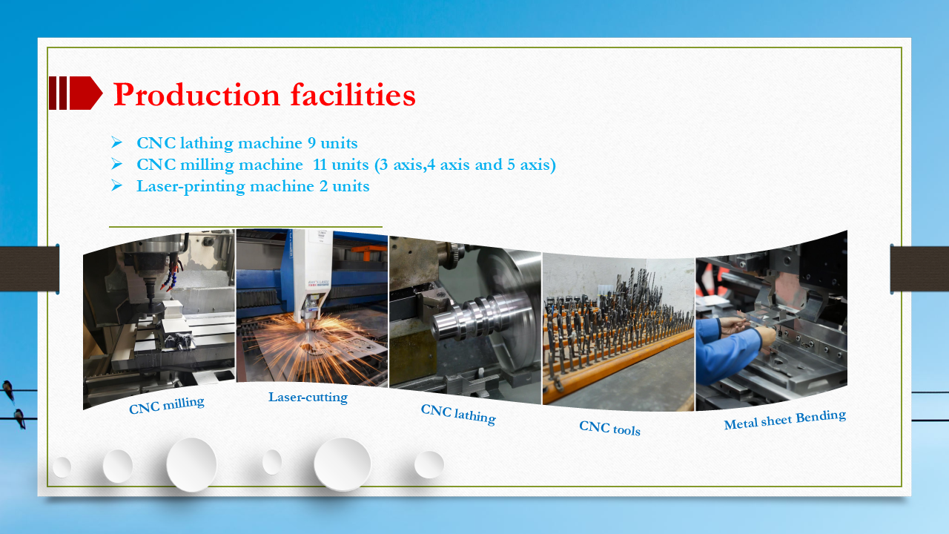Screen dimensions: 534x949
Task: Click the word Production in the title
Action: [196, 95]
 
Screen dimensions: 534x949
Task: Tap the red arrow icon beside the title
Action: [76, 93]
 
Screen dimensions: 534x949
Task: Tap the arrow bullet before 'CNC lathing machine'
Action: [116, 142]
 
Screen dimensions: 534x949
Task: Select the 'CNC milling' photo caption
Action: [167, 405]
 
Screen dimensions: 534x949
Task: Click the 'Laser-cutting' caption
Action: [308, 397]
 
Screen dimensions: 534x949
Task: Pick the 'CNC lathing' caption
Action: [457, 414]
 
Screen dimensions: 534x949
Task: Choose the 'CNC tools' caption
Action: [609, 428]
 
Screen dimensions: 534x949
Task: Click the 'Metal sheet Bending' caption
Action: [784, 420]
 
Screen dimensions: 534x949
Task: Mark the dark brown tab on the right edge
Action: [919, 268]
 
